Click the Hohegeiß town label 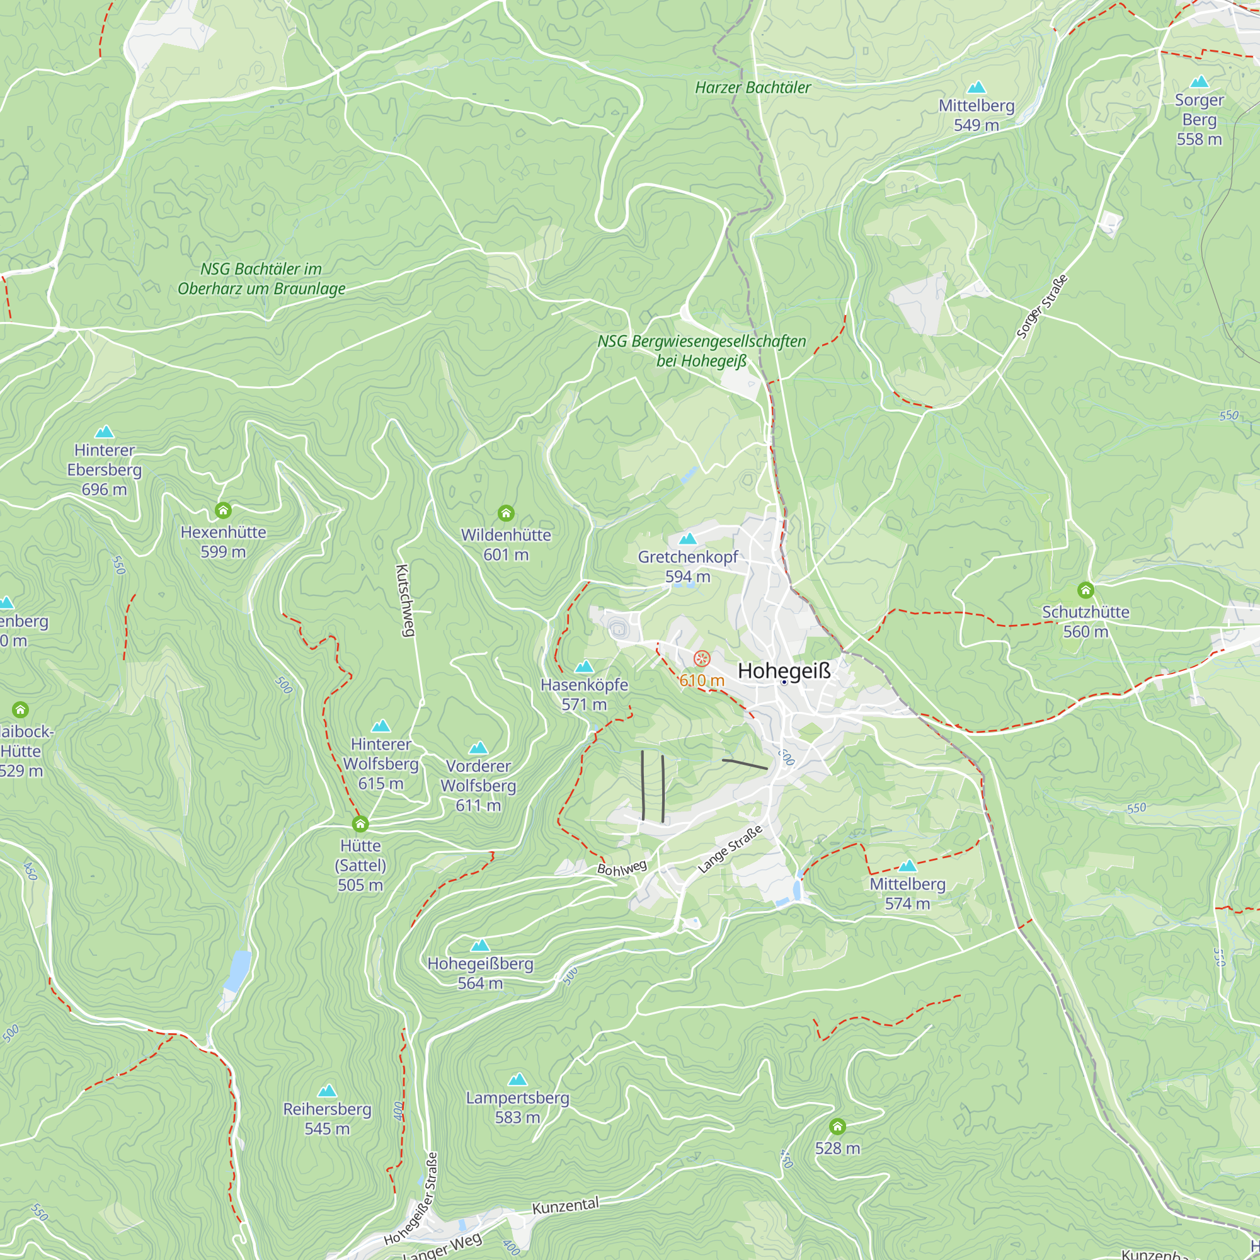[784, 670]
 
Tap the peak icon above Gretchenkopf [687, 539]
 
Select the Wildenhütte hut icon [506, 513]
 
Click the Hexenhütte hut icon [223, 510]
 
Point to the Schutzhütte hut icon [1085, 590]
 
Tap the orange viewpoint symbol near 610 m [702, 659]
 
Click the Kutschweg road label [404, 600]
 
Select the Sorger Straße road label [1042, 307]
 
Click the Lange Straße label [730, 850]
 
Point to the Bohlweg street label [622, 868]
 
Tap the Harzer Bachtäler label [753, 88]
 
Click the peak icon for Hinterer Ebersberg [105, 432]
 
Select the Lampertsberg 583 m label [517, 1108]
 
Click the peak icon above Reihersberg [327, 1091]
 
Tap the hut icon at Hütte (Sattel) [360, 823]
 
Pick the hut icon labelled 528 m [837, 1126]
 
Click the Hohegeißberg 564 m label [480, 973]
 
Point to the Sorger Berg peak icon [1200, 81]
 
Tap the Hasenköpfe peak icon [585, 667]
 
